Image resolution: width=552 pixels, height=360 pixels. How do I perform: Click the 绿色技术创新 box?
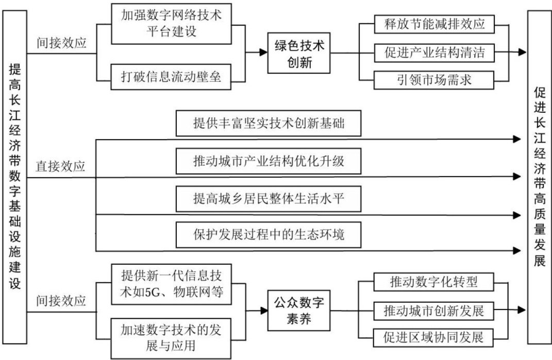(x=299, y=53)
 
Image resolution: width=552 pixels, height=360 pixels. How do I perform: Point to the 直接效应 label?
(x=60, y=167)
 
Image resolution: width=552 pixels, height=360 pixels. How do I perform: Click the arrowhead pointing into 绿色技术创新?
(x=262, y=53)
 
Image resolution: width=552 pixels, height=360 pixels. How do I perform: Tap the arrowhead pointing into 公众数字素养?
(x=262, y=311)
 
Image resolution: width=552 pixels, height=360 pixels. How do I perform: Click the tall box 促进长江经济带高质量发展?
(x=540, y=178)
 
